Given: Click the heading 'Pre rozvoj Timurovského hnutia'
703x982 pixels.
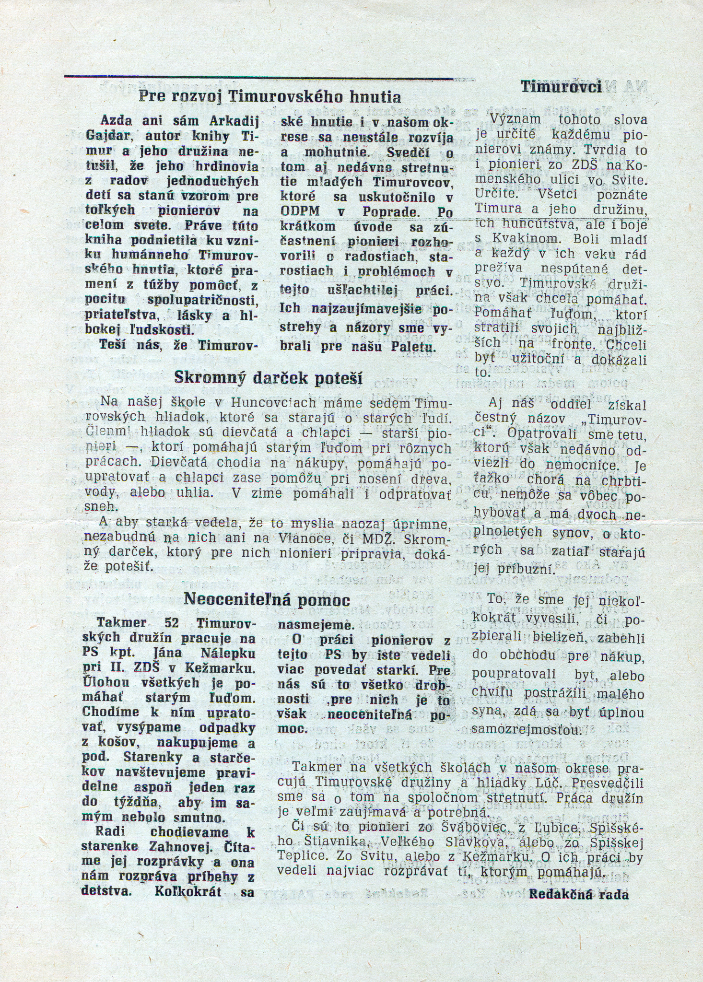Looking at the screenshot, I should pos(269,96).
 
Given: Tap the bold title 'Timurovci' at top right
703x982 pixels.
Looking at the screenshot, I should pos(561,87).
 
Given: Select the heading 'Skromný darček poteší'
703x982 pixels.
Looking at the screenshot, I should pos(268,378).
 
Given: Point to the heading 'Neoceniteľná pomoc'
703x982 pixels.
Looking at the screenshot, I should pos(267,599).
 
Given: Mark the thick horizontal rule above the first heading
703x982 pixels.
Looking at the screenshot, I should pos(259,77).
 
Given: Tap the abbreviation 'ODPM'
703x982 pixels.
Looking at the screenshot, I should pos(298,212).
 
